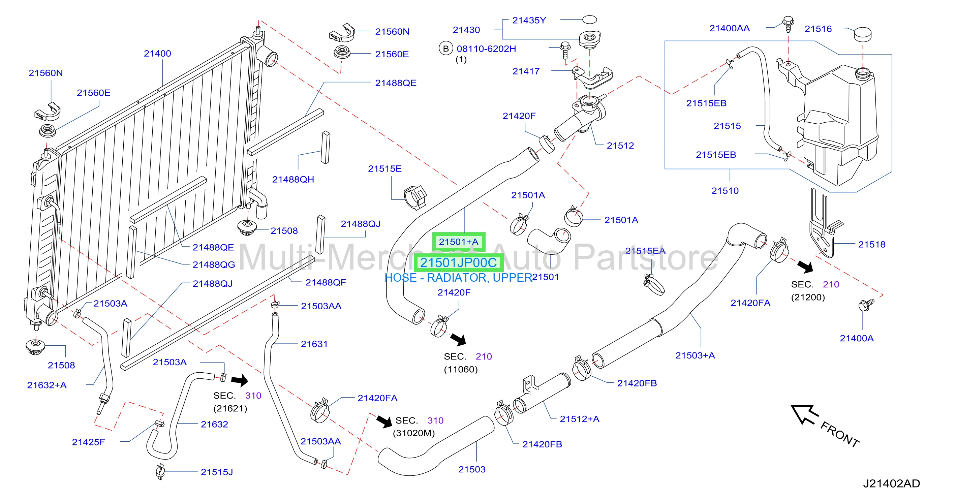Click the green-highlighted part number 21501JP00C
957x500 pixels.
pyautogui.click(x=458, y=262)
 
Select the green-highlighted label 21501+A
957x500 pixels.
pyautogui.click(x=458, y=242)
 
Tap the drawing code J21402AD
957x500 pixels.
pyautogui.click(x=891, y=483)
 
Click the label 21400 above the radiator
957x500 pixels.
pyautogui.click(x=157, y=54)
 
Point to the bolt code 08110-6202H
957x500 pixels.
pyautogui.click(x=486, y=49)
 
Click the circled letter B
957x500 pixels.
pyautogui.click(x=446, y=49)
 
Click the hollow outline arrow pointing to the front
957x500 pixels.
pyautogui.click(x=804, y=414)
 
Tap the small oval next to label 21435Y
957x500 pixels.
pyautogui.click(x=589, y=19)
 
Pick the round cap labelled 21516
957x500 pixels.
pyautogui.click(x=863, y=35)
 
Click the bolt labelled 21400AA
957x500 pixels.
pyautogui.click(x=788, y=24)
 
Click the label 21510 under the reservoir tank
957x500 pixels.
pyautogui.click(x=725, y=191)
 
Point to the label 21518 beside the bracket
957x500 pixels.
pyautogui.click(x=871, y=244)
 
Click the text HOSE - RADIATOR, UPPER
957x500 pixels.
pyautogui.click(x=458, y=278)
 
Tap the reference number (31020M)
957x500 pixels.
pyautogui.click(x=413, y=433)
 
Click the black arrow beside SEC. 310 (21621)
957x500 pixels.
pyautogui.click(x=240, y=380)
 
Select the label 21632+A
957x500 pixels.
pyautogui.click(x=47, y=385)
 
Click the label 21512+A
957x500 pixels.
pyautogui.click(x=580, y=419)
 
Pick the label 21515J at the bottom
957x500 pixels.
pyautogui.click(x=217, y=472)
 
